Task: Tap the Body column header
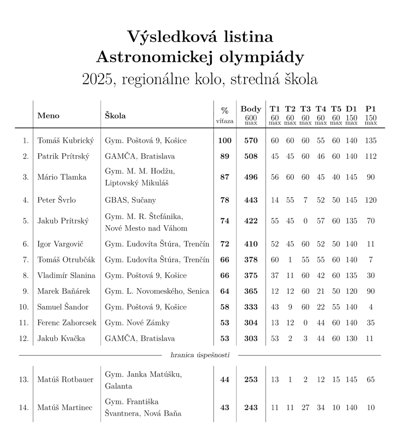click(x=251, y=109)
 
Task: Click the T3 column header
click(x=305, y=109)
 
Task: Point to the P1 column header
click(x=371, y=109)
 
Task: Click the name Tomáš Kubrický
click(x=66, y=140)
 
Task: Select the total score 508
click(x=251, y=156)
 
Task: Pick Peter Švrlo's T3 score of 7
click(x=305, y=200)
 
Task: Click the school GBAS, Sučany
click(x=130, y=200)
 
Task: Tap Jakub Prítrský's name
click(x=63, y=221)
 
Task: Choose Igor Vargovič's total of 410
click(x=251, y=244)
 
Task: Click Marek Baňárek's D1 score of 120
click(x=351, y=291)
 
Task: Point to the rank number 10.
click(x=24, y=307)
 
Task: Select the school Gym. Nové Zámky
click(x=137, y=323)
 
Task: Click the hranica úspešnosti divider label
click(x=200, y=355)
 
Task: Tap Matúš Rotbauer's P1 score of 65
click(x=371, y=380)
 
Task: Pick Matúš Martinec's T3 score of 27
click(x=305, y=407)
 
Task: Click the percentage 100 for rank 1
click(x=225, y=140)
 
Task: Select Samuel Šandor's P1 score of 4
click(x=371, y=307)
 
